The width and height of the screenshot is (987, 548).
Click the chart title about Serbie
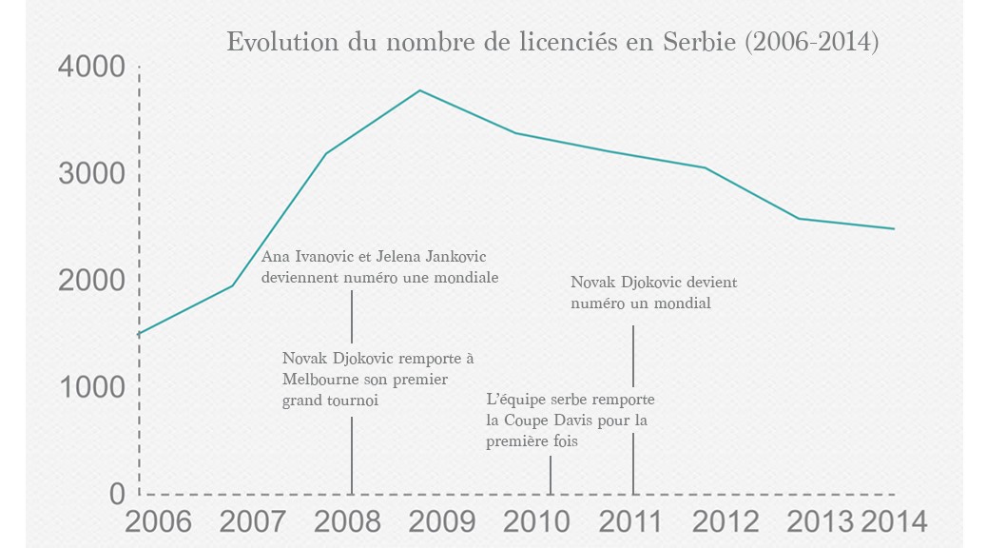[552, 43]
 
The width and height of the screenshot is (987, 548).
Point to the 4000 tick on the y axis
[91, 67]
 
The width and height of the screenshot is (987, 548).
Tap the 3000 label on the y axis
[91, 174]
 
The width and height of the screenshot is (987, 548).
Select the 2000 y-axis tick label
[91, 281]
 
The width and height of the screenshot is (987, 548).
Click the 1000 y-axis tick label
[91, 388]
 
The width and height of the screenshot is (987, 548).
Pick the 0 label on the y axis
[117, 494]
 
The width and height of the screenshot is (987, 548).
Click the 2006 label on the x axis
[158, 521]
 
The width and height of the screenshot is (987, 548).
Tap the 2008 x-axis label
[347, 521]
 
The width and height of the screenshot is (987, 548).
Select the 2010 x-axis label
[536, 521]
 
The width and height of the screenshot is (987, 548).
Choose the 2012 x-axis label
[726, 521]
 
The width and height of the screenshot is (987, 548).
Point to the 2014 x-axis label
[893, 521]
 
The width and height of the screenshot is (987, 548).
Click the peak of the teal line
[420, 90]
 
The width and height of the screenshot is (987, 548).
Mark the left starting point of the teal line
[140, 334]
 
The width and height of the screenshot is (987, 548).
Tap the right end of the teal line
[894, 229]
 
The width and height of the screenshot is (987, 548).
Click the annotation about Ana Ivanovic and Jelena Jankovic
[380, 266]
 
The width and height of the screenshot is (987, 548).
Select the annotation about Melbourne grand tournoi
[377, 380]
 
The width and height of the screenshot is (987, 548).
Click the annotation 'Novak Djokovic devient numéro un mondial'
[653, 293]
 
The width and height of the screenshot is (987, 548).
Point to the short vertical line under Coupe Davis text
[551, 475]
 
